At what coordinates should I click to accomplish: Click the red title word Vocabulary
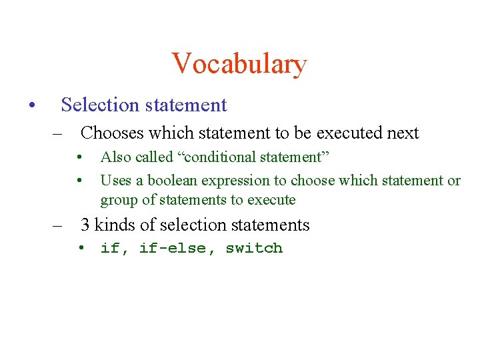pos(239,64)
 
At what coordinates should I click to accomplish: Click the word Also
pos(115,157)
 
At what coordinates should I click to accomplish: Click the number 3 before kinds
pos(85,225)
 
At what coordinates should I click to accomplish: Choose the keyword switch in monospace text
pos(254,249)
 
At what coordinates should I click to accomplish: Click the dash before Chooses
pos(59,133)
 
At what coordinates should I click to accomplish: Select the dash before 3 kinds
pos(59,225)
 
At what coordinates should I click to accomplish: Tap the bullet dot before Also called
pos(79,158)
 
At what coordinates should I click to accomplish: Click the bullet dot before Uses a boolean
pos(79,181)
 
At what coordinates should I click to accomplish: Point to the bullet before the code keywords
pos(79,249)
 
